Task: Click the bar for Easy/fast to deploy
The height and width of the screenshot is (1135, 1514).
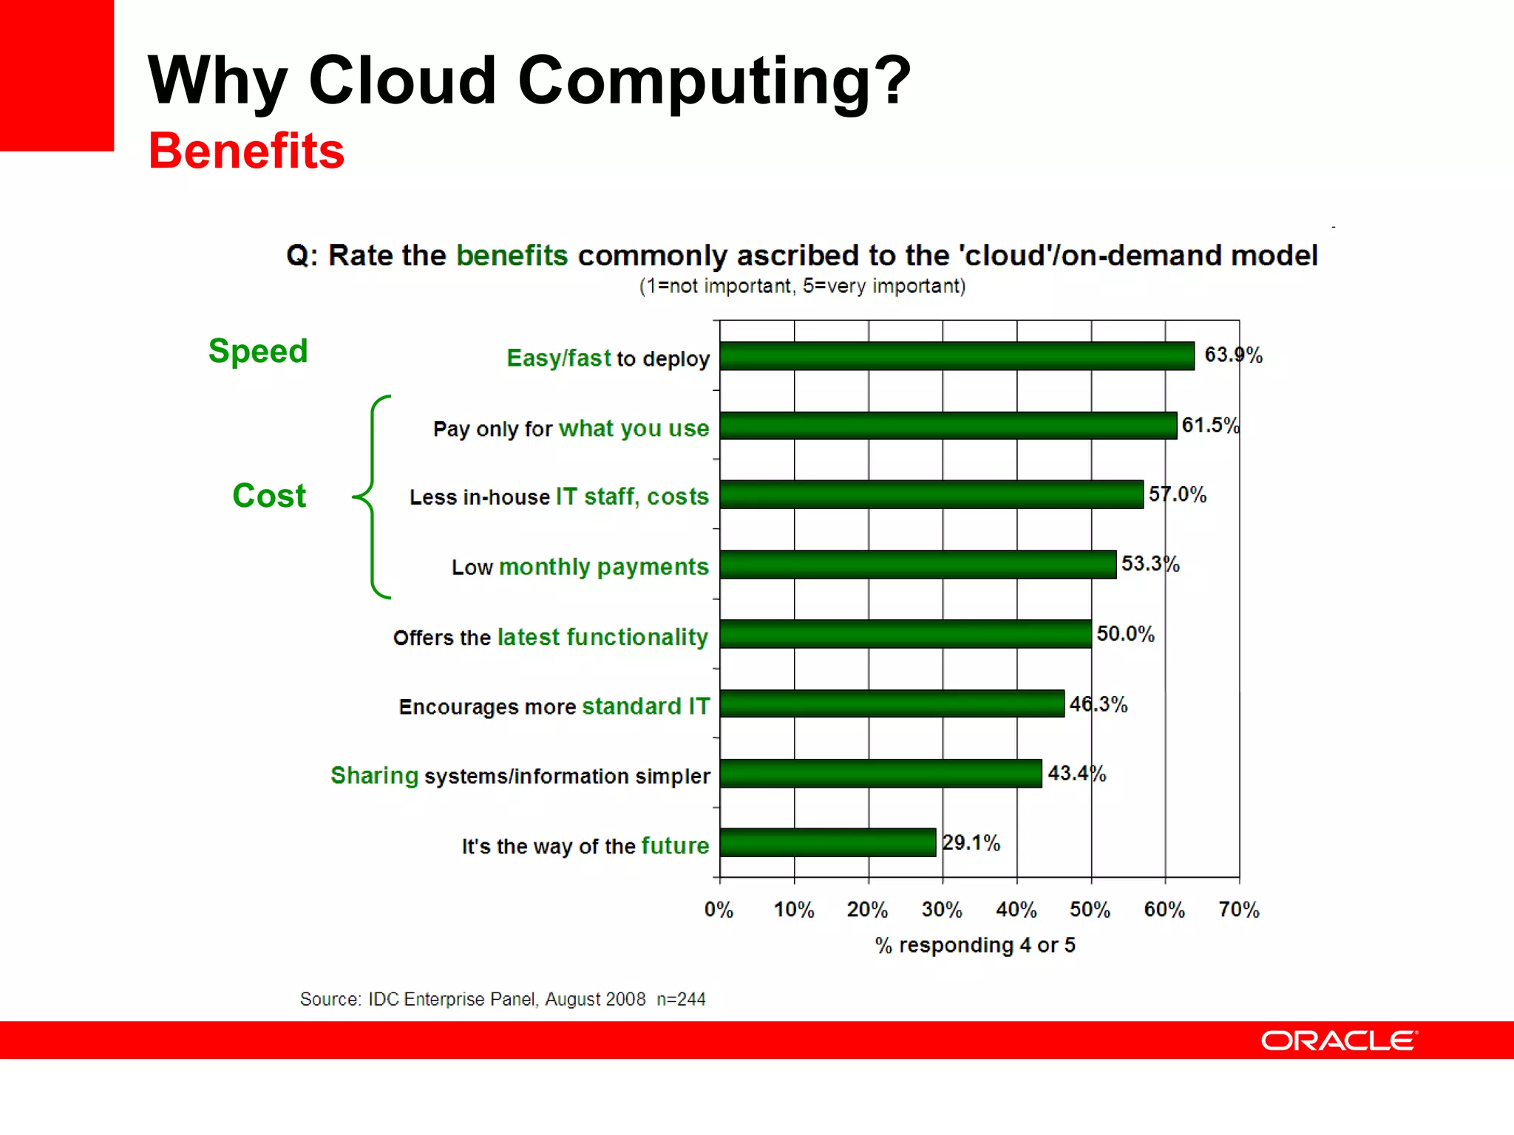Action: [957, 355]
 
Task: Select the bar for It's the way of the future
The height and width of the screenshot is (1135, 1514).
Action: [827, 842]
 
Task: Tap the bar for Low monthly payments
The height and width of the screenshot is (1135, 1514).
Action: [917, 565]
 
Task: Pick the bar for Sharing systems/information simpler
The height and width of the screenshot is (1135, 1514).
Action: [880, 773]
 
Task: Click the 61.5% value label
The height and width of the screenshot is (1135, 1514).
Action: [1210, 425]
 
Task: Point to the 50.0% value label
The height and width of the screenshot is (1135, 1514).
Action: [1125, 633]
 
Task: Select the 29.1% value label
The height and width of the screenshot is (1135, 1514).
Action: [971, 842]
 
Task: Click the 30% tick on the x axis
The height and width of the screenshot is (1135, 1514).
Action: [942, 909]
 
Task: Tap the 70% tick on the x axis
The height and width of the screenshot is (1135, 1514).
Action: [1239, 909]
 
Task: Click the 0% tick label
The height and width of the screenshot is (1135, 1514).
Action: [719, 909]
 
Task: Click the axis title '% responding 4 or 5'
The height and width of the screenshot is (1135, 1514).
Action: [975, 945]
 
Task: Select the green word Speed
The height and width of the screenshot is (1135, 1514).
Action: [258, 350]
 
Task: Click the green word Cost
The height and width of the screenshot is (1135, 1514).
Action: [269, 495]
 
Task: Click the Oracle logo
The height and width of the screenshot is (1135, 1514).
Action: [1339, 1040]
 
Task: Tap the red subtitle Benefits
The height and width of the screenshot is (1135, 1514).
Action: [246, 151]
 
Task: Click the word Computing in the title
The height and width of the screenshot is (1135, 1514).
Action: [714, 81]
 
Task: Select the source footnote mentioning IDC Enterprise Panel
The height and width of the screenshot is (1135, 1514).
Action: [503, 999]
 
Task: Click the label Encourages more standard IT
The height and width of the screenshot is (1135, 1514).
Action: [554, 706]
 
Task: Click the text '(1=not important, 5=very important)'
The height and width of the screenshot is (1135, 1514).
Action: [802, 286]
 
